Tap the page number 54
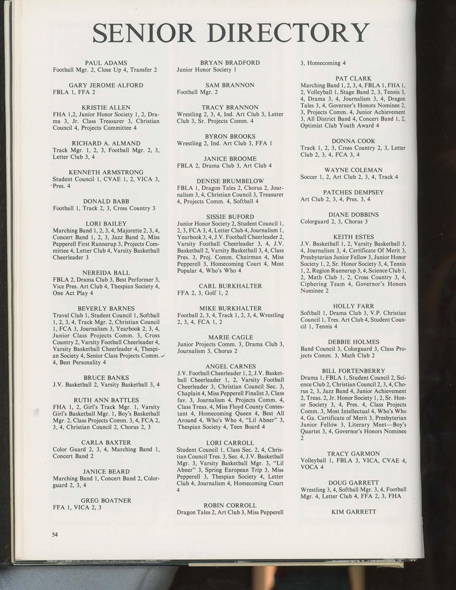(x=55, y=535)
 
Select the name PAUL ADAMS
(x=106, y=63)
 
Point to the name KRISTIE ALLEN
(x=106, y=107)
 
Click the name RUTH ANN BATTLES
(x=106, y=400)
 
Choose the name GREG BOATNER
(x=106, y=500)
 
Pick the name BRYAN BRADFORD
(x=230, y=63)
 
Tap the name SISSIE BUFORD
(x=230, y=217)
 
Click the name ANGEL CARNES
(x=231, y=366)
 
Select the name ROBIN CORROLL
(x=230, y=505)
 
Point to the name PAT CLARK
(x=353, y=78)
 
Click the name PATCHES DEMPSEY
(x=353, y=192)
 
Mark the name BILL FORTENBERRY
(x=353, y=370)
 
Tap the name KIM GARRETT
(x=354, y=512)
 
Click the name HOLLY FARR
(x=353, y=306)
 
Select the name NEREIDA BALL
(x=106, y=273)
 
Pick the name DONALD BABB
(x=106, y=201)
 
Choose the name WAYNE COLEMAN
(x=353, y=170)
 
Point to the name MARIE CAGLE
(x=230, y=337)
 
